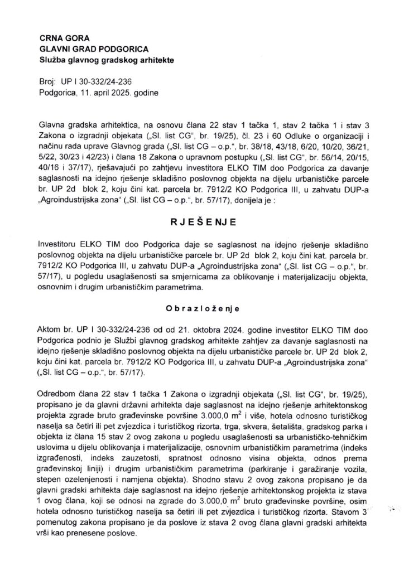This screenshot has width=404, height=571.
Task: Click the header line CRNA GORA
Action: point(62,38)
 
